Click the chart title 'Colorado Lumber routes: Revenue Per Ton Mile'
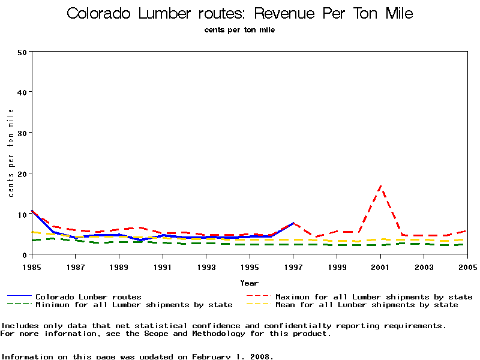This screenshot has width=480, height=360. click(x=240, y=13)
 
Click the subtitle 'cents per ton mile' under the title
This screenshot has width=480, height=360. click(x=239, y=29)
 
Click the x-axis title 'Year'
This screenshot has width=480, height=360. click(x=249, y=283)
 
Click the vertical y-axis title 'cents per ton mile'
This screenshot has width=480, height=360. click(x=11, y=153)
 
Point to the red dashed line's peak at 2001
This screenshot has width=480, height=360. click(x=380, y=187)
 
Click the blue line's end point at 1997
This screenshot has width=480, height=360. click(x=293, y=223)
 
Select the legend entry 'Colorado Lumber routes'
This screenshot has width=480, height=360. click(x=88, y=296)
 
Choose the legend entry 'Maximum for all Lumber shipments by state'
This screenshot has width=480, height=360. click(x=374, y=296)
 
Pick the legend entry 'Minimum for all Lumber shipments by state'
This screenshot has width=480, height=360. click(x=134, y=305)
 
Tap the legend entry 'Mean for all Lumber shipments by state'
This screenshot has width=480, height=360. click(x=367, y=305)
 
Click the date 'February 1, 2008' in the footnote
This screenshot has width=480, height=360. click(x=233, y=356)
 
